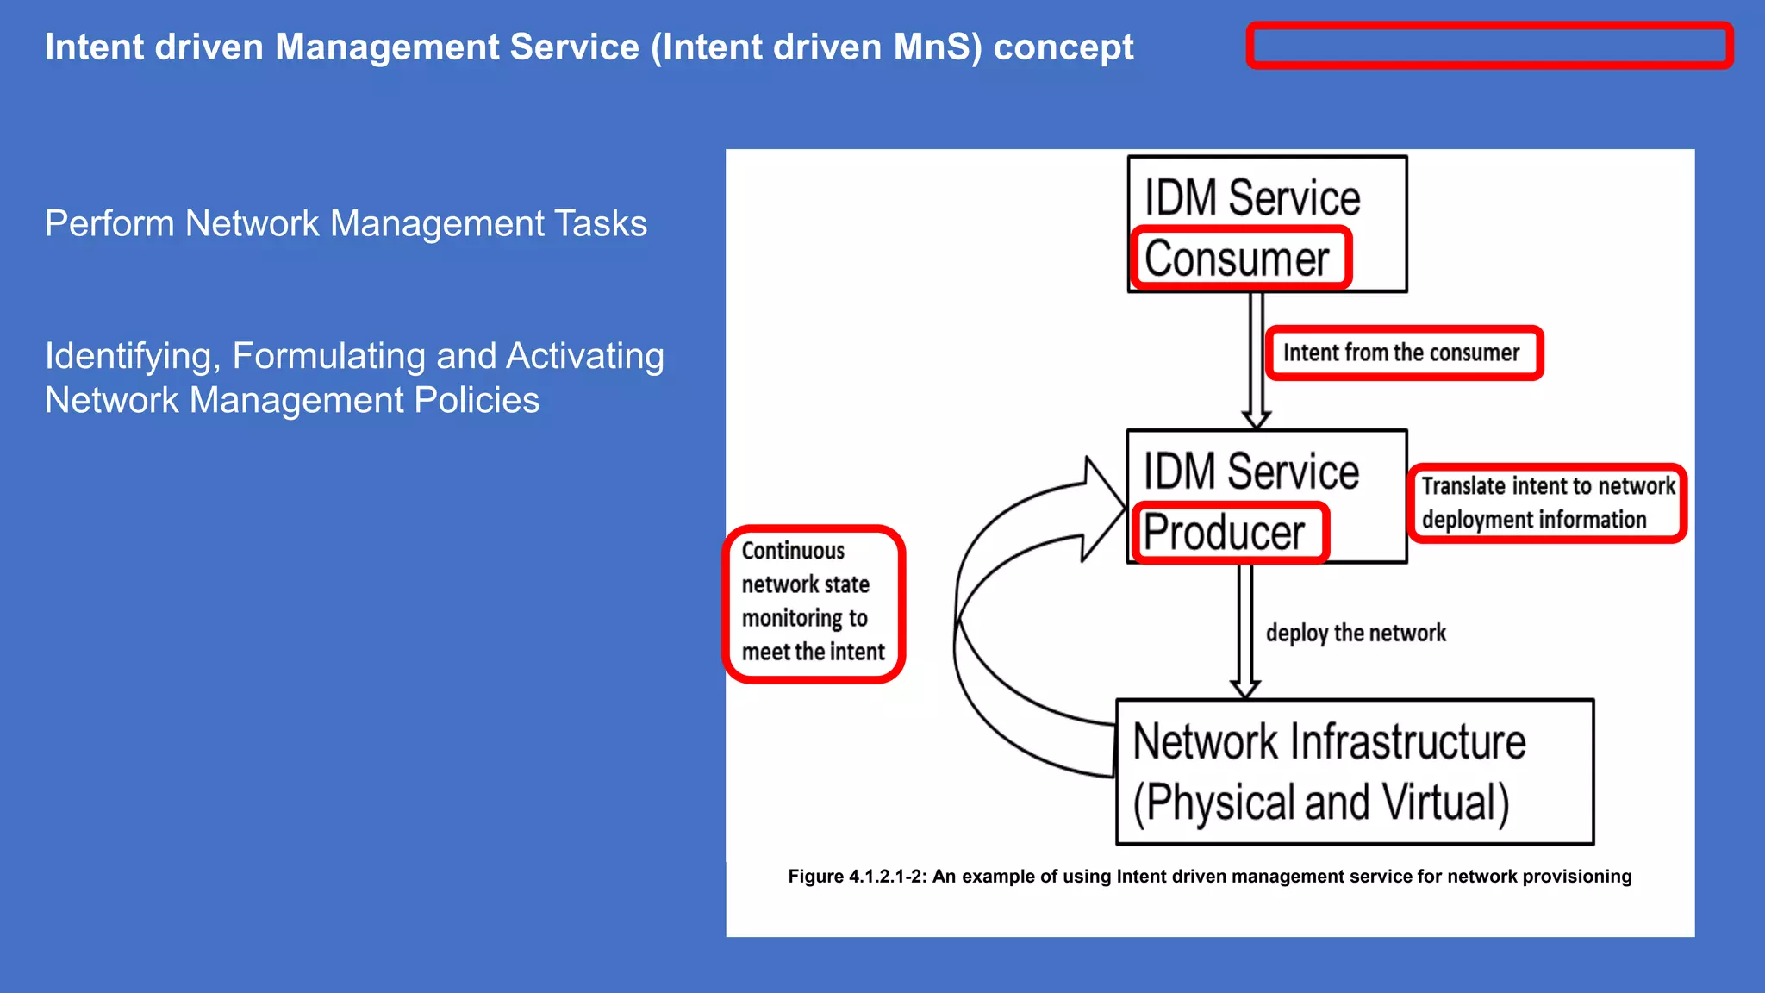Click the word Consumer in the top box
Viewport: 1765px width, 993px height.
pyautogui.click(x=1238, y=259)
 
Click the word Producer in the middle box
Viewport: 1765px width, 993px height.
pyautogui.click(x=1224, y=532)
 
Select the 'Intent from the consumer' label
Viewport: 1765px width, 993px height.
pyautogui.click(x=1401, y=353)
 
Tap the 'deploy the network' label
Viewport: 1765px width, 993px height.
pyautogui.click(x=1356, y=633)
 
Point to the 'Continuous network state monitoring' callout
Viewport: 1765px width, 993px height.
pyautogui.click(x=813, y=602)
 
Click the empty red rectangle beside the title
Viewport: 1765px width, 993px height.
pyautogui.click(x=1488, y=46)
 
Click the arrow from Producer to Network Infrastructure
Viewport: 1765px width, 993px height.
pyautogui.click(x=1245, y=629)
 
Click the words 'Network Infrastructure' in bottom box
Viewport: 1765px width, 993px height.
pyautogui.click(x=1329, y=742)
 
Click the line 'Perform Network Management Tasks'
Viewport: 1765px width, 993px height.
pyautogui.click(x=346, y=223)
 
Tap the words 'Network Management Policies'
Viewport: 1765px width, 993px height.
pyautogui.click(x=292, y=400)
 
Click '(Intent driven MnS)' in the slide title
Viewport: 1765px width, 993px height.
pyautogui.click(x=816, y=47)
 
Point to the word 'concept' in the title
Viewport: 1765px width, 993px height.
pyautogui.click(x=1063, y=47)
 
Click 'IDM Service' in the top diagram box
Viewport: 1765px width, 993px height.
pyautogui.click(x=1251, y=198)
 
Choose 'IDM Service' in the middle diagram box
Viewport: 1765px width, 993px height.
pyautogui.click(x=1250, y=472)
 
